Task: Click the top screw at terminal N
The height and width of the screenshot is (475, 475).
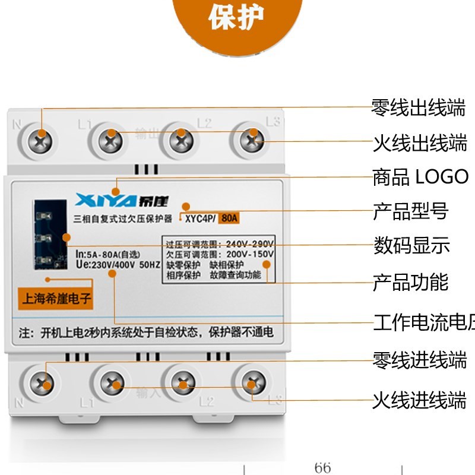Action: click(42, 141)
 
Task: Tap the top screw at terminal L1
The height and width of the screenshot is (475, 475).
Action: click(110, 141)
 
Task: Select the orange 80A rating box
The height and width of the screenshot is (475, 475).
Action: click(229, 218)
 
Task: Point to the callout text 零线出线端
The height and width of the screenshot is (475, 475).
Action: click(418, 109)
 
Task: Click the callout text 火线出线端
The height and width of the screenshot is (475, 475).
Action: click(419, 143)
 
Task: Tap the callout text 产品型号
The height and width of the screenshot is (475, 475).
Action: click(410, 211)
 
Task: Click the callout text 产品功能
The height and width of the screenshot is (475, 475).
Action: click(410, 282)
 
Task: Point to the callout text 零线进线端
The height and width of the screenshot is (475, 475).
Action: click(419, 360)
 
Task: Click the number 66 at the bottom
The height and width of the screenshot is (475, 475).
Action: click(322, 467)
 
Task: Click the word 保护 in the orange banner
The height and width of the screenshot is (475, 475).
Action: click(236, 19)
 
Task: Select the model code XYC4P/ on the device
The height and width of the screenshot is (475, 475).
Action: click(200, 218)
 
